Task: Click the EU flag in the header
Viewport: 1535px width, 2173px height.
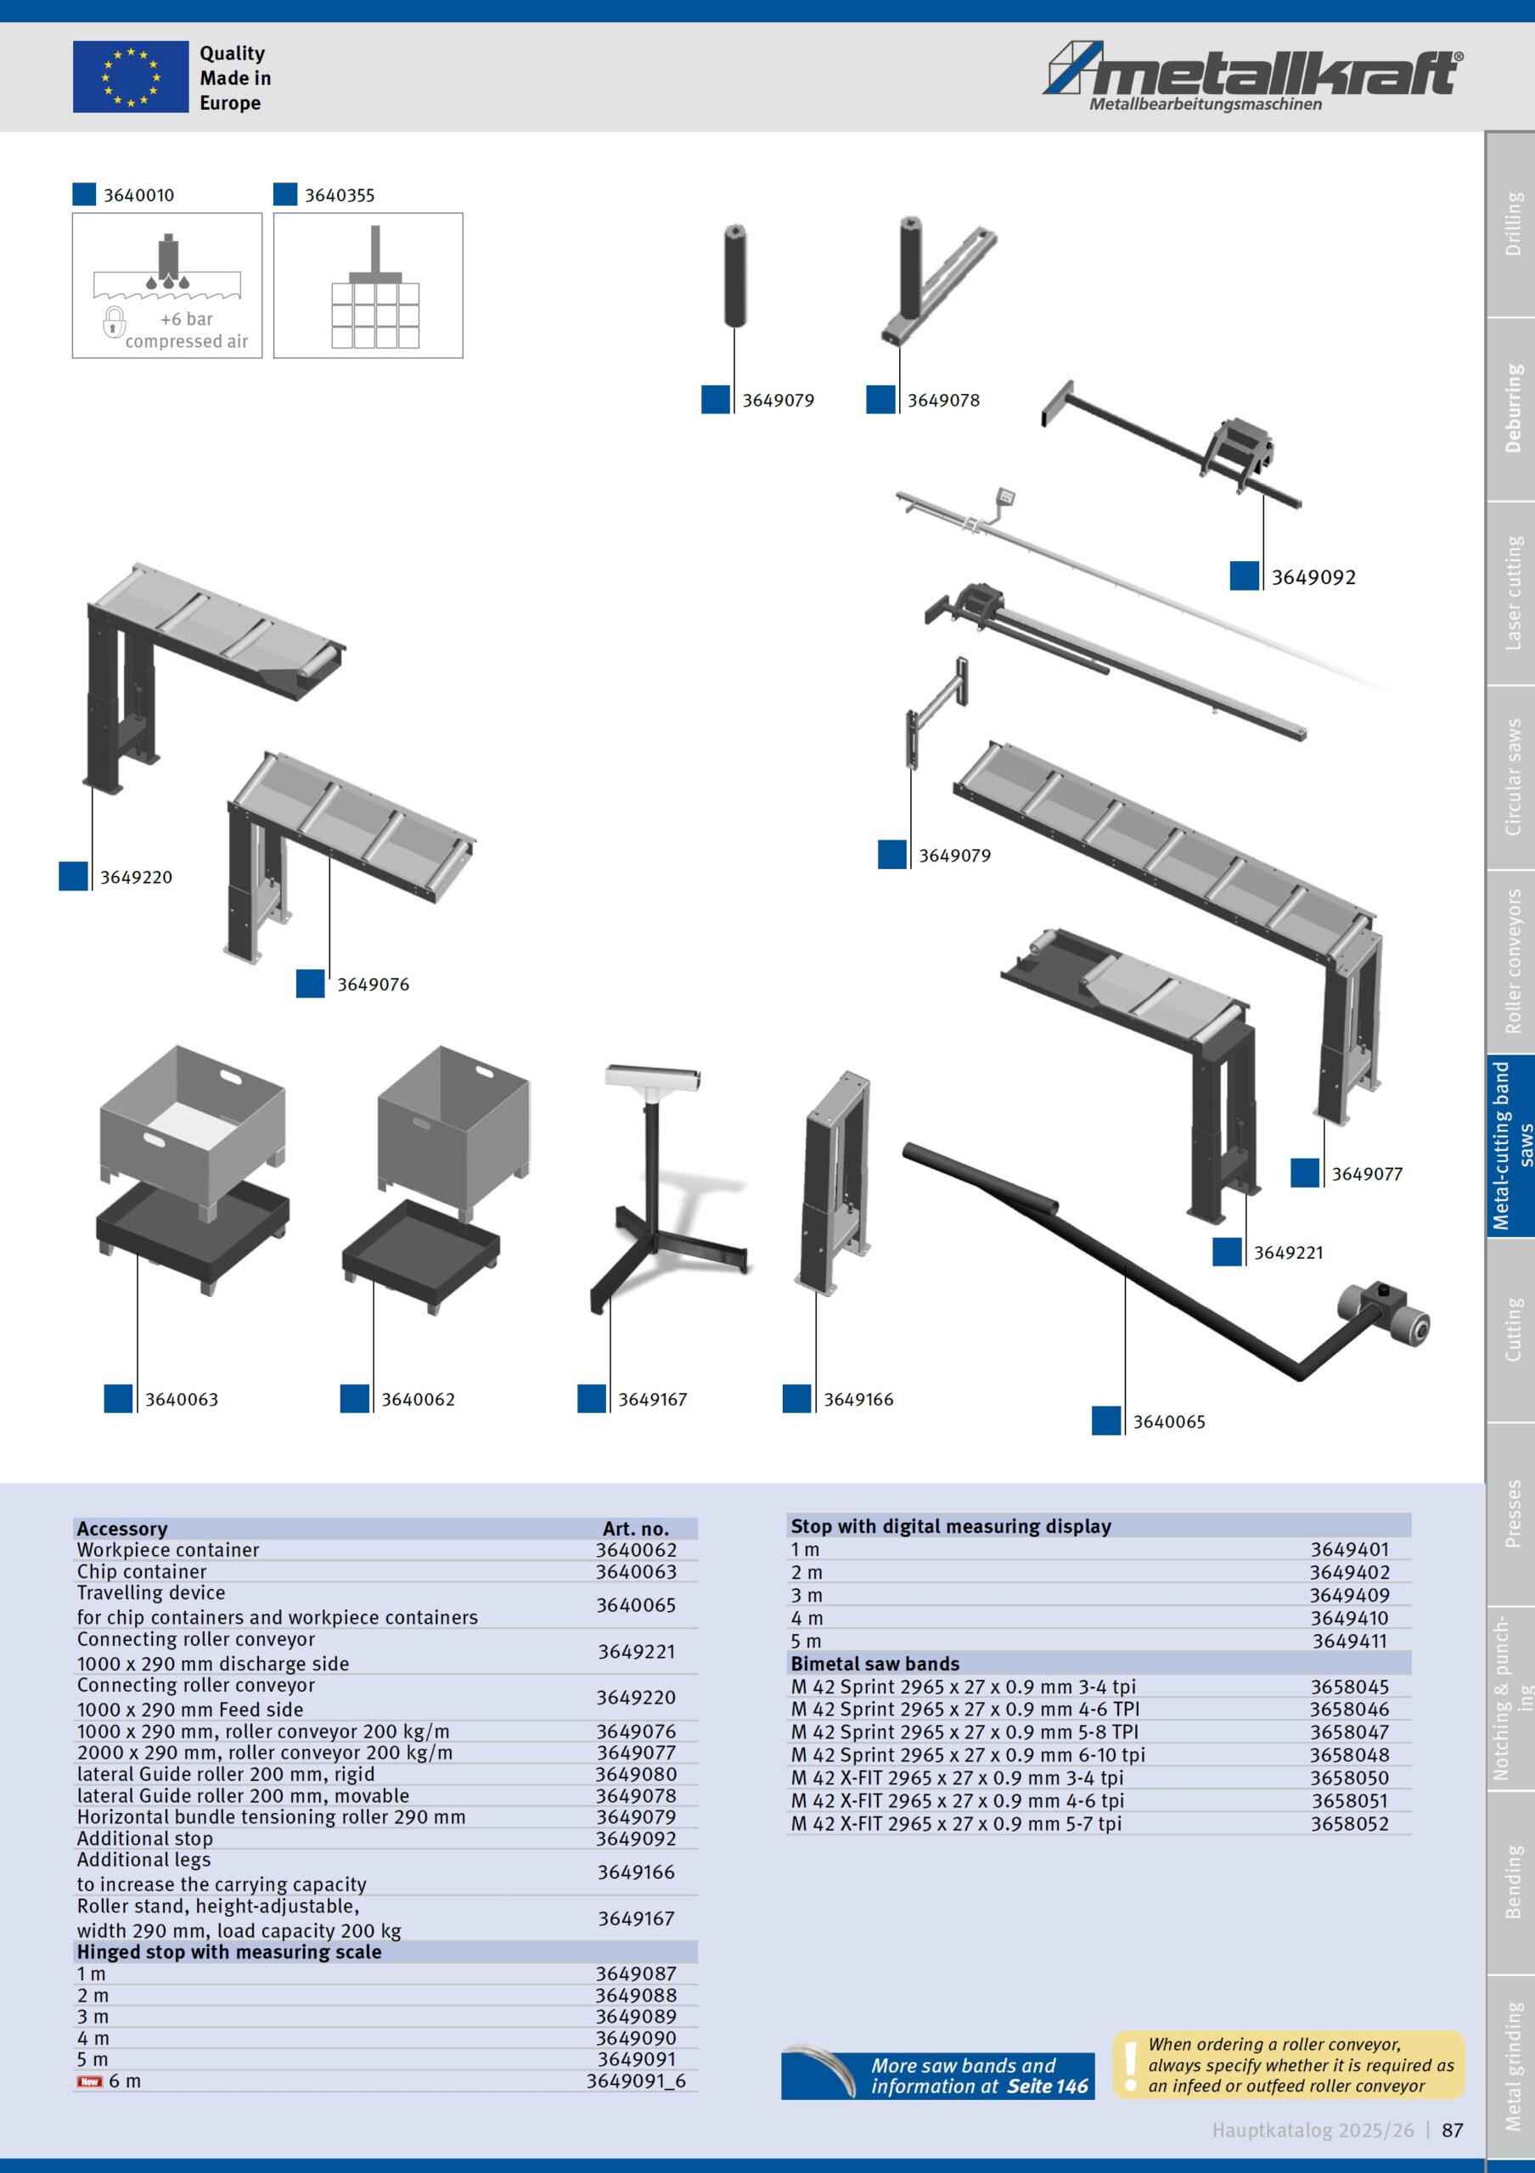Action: pos(131,77)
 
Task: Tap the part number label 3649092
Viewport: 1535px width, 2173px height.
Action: pos(1313,577)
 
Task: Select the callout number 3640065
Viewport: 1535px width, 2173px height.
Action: pos(1169,1422)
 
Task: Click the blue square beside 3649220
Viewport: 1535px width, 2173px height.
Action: pos(74,876)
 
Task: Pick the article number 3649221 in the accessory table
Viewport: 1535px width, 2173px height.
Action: pos(636,1652)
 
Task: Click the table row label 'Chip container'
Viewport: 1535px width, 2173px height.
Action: pos(142,1572)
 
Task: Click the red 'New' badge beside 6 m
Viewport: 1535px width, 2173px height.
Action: pos(90,2081)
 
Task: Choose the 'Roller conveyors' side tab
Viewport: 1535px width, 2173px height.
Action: pos(1512,962)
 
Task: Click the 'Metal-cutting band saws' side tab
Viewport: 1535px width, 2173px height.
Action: pos(1512,1146)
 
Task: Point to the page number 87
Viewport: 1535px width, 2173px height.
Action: pos(1453,2131)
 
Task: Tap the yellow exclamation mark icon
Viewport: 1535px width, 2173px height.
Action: pos(1130,2066)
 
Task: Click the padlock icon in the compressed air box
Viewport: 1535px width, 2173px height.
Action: pos(114,322)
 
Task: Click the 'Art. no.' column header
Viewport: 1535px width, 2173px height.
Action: pos(636,1529)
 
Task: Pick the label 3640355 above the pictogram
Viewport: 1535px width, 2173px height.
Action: pos(339,196)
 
